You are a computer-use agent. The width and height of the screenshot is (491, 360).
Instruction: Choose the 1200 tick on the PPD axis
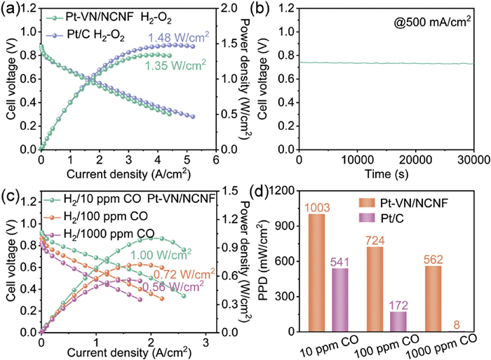279,191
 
